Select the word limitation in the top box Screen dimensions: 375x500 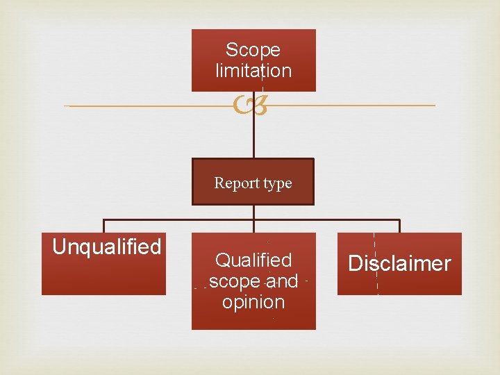[253, 71]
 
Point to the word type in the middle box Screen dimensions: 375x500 [277, 183]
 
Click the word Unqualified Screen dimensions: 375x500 [107, 247]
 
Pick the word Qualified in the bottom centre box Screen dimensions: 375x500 [253, 260]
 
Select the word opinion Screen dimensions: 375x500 [253, 302]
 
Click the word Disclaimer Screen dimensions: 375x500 [399, 264]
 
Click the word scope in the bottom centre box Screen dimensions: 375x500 [233, 281]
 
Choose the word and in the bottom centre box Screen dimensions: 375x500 [281, 281]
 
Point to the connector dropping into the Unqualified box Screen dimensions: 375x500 [104, 226]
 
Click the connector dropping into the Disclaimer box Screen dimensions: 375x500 [399, 226]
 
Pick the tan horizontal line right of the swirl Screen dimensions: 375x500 [347, 106]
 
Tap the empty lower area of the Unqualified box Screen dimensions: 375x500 [104, 278]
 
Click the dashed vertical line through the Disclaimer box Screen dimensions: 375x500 [376, 285]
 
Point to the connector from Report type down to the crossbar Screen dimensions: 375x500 [253, 212]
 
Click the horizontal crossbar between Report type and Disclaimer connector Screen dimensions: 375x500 [326, 220]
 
